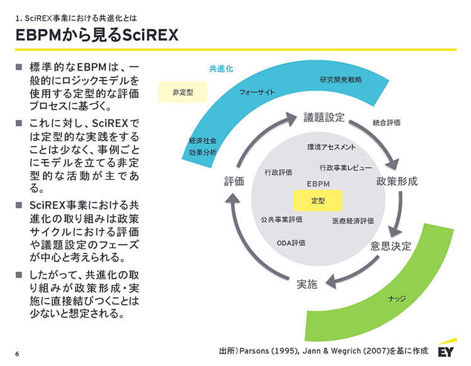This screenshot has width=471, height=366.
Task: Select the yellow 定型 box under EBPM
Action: click(x=318, y=201)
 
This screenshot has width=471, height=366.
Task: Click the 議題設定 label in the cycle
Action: click(x=324, y=118)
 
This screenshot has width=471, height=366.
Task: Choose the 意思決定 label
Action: click(x=391, y=246)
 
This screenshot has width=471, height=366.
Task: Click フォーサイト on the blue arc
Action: click(x=257, y=92)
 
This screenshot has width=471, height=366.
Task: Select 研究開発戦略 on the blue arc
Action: click(x=341, y=80)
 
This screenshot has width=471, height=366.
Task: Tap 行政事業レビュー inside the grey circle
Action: click(x=345, y=168)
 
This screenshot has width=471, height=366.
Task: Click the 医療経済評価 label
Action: click(x=353, y=221)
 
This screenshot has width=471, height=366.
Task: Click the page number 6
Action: click(x=18, y=353)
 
